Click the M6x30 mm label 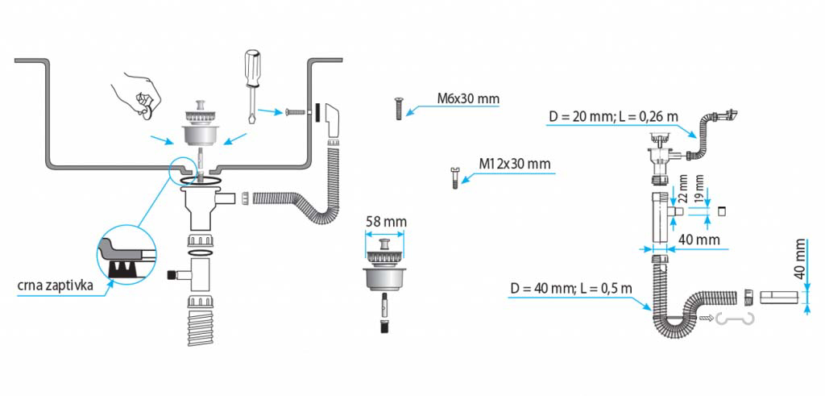(x=468, y=99)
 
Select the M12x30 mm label (x=514, y=164)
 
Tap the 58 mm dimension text (x=386, y=222)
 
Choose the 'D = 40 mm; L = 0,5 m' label (x=570, y=288)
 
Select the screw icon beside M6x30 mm (x=399, y=107)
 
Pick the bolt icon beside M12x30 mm (x=454, y=176)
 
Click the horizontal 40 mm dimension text (x=698, y=240)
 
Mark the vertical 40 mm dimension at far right (x=800, y=259)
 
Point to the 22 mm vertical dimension (x=682, y=189)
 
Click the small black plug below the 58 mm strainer (x=384, y=327)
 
